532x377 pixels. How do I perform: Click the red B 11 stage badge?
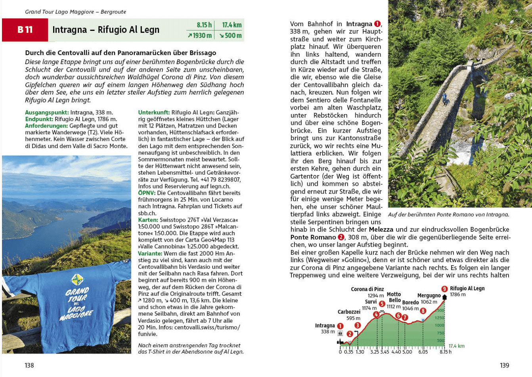25,30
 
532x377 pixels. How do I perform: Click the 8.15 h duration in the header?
204,25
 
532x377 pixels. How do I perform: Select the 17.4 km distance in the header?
232,25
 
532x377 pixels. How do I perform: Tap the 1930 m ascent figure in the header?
200,36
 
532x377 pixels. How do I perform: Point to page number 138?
29,365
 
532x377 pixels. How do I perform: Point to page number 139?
504,365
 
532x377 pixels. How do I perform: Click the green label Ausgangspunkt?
47,112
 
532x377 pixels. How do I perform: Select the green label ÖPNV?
146,193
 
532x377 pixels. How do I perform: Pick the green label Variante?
150,253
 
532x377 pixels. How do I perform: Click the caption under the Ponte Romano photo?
448,215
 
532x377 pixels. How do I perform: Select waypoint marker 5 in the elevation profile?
382,304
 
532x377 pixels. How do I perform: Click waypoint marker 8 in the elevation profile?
423,311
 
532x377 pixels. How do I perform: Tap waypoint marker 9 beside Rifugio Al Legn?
444,289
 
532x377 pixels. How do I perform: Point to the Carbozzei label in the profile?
349,312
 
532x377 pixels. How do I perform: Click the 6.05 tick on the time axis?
423,352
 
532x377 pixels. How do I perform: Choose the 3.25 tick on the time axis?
375,352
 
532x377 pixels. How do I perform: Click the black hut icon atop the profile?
444,297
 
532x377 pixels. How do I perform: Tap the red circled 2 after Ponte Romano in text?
341,237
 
